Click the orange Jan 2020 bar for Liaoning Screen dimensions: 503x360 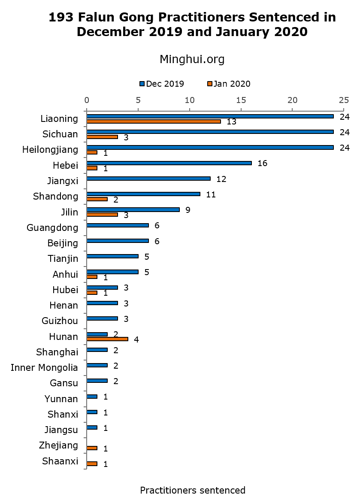[x=154, y=121]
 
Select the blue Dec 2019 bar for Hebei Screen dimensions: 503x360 [x=169, y=163]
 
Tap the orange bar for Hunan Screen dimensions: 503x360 [x=107, y=339]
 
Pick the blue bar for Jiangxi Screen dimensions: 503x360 [x=148, y=179]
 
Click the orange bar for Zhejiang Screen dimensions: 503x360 [x=92, y=448]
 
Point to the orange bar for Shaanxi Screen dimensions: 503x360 [x=92, y=464]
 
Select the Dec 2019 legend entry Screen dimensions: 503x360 [x=162, y=84]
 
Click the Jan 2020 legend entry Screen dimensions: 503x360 [x=229, y=84]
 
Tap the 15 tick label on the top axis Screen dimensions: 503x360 [x=241, y=100]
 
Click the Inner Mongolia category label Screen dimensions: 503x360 [x=44, y=368]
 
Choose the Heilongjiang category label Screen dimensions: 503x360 [x=50, y=150]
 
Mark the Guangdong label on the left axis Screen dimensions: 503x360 [x=52, y=227]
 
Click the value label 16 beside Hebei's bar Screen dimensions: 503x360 [x=262, y=164]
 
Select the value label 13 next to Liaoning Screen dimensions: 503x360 [x=232, y=122]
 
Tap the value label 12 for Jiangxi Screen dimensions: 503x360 [x=221, y=179]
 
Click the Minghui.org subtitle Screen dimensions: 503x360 [x=192, y=59]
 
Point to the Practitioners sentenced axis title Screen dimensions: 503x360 [x=193, y=490]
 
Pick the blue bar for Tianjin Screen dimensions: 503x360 [x=112, y=256]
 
